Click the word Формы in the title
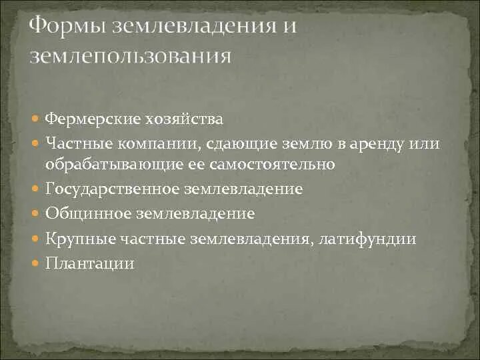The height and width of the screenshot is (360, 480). (x=67, y=28)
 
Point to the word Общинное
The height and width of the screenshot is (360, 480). (x=89, y=214)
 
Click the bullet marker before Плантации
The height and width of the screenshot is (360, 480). (x=37, y=263)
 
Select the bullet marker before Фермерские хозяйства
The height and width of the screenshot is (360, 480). (x=37, y=120)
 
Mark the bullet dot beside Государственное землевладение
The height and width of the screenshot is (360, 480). (x=37, y=189)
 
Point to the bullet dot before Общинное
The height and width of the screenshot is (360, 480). (x=37, y=214)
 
